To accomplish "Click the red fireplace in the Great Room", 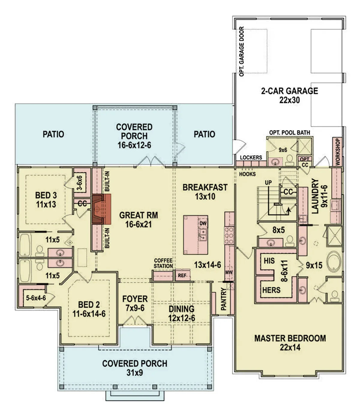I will point(101,209).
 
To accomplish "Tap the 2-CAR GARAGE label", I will point(289,91).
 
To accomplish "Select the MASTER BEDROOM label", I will point(290,338).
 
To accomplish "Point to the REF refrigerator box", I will point(182,275).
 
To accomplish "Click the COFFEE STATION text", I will point(163,263).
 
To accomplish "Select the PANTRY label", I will point(223,299).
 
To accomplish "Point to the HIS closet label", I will point(269,261).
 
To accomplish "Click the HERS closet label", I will point(271,290).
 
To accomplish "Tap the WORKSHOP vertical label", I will point(337,152).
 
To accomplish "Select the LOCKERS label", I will point(251,157).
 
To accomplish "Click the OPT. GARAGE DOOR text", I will point(241,51).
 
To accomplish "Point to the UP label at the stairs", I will point(268,183).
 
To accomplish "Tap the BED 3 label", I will point(46,195).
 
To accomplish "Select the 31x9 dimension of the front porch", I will point(134,373).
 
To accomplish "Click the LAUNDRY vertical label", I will point(315,196).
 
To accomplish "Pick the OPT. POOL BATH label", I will point(289,132).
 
